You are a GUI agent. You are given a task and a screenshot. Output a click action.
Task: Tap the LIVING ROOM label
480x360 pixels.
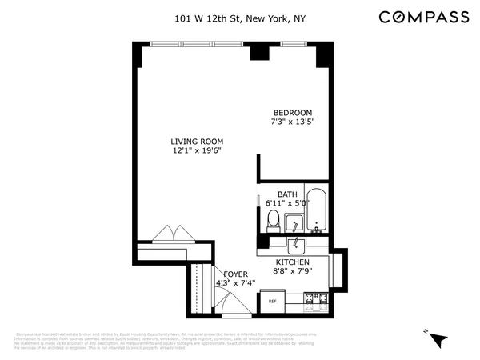tap(196, 142)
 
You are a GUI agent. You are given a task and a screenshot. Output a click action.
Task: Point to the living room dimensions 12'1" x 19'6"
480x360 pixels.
tap(196, 151)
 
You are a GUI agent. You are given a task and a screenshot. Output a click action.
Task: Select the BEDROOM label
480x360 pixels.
tap(293, 113)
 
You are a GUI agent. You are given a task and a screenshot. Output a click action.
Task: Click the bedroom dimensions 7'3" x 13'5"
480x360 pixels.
tap(293, 122)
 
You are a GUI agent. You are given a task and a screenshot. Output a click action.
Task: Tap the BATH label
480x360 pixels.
tap(287, 194)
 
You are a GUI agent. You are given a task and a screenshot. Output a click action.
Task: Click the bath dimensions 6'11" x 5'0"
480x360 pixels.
tap(287, 204)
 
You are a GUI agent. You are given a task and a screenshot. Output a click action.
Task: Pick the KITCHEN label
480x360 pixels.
tap(292, 262)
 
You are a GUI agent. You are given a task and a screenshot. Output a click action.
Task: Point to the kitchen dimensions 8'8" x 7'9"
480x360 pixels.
tap(292, 272)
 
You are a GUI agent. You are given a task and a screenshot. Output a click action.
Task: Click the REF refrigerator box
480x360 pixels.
tap(272, 302)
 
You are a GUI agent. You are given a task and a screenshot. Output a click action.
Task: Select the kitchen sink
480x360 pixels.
tap(295, 243)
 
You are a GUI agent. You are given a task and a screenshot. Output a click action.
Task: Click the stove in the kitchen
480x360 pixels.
tap(315, 302)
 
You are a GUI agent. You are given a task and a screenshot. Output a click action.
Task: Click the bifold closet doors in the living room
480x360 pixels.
tap(173, 233)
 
